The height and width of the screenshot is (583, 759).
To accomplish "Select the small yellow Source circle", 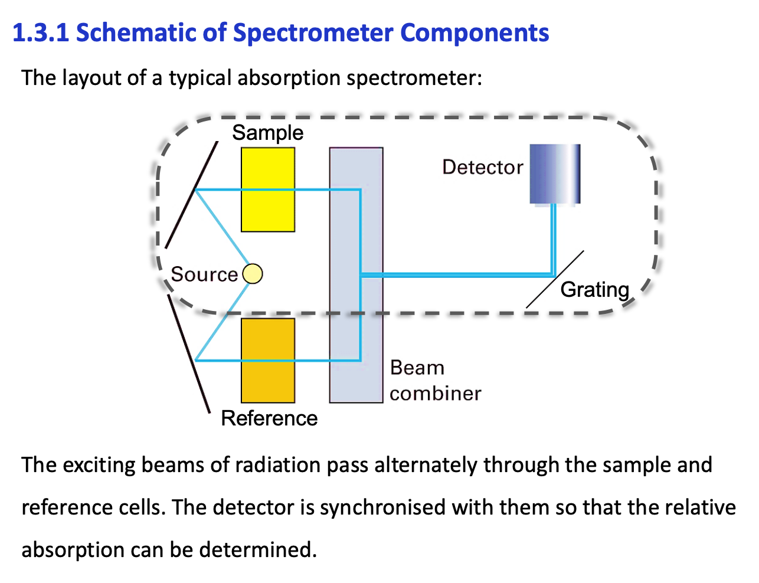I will [253, 274].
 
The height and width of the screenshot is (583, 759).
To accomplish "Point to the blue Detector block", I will [555, 174].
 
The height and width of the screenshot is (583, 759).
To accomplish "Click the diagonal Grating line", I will [555, 279].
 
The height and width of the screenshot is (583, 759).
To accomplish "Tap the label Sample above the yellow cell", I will [267, 133].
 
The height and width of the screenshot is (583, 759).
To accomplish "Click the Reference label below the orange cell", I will [269, 418].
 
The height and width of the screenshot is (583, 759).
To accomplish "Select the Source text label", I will [204, 274].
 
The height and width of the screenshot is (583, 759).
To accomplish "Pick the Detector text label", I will [482, 168].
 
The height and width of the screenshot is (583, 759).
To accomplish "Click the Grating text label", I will [594, 290].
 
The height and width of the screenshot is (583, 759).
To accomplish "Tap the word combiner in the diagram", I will [435, 394].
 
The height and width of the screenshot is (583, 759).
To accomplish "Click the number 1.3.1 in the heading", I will [41, 33].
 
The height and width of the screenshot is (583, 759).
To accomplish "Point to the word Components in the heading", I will [475, 33].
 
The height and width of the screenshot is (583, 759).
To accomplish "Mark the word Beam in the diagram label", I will [417, 368].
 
